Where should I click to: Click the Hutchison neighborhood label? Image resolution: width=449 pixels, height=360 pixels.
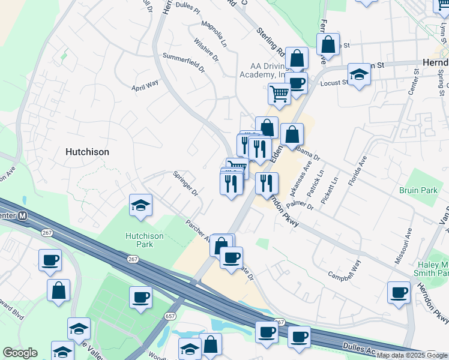(x=87, y=152)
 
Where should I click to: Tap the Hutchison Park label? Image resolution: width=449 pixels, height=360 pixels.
(x=144, y=240)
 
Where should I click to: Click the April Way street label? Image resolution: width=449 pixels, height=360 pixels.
(x=145, y=84)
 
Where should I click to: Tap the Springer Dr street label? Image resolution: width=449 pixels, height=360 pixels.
(x=185, y=184)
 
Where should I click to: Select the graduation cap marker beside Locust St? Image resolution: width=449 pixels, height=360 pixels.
(x=359, y=74)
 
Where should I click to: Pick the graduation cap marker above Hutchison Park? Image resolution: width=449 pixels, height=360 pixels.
(x=140, y=206)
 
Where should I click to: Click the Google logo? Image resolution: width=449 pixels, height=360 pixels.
(x=20, y=353)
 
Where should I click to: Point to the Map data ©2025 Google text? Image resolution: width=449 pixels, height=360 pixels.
(x=412, y=355)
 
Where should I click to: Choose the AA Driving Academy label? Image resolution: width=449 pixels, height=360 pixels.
(x=263, y=70)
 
